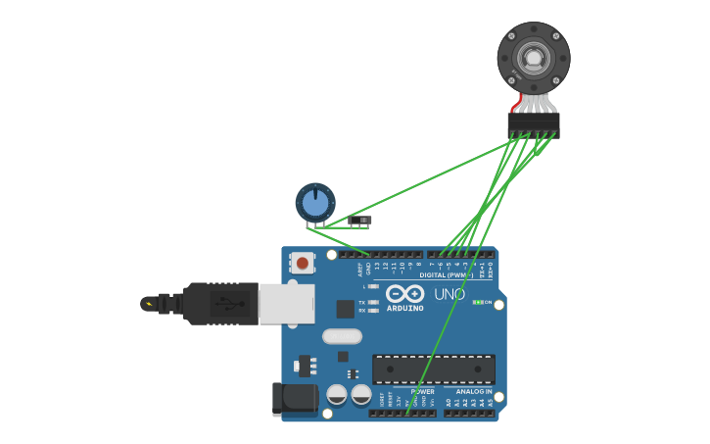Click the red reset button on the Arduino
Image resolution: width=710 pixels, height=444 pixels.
pyautogui.click(x=303, y=263)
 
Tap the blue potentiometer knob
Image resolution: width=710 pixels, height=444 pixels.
pyautogui.click(x=314, y=203)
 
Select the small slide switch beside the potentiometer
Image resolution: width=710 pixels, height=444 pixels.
pyautogui.click(x=360, y=221)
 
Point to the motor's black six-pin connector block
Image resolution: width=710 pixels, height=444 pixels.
pyautogui.click(x=533, y=124)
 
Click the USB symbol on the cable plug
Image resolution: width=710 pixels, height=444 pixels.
pyautogui.click(x=228, y=303)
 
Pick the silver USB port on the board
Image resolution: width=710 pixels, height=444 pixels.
pyautogui.click(x=287, y=303)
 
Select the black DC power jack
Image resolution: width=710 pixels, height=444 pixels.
pyautogui.click(x=294, y=399)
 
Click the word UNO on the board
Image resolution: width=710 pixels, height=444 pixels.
pyautogui.click(x=449, y=294)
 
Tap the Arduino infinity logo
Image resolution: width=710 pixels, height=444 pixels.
pyautogui.click(x=404, y=293)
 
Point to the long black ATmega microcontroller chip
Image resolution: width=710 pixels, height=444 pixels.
pyautogui.click(x=433, y=370)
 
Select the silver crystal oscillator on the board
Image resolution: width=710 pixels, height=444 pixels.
pyautogui.click(x=343, y=336)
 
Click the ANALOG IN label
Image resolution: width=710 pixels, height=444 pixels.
pyautogui.click(x=473, y=391)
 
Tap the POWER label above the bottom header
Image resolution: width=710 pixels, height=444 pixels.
pyautogui.click(x=422, y=391)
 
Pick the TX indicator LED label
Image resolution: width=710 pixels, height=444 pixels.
pyautogui.click(x=362, y=302)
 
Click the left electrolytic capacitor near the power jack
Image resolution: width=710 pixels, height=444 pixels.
pyautogui.click(x=337, y=395)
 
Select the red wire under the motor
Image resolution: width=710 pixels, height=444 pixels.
pyautogui.click(x=516, y=100)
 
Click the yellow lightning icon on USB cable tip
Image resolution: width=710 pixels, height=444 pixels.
pyautogui.click(x=148, y=304)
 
